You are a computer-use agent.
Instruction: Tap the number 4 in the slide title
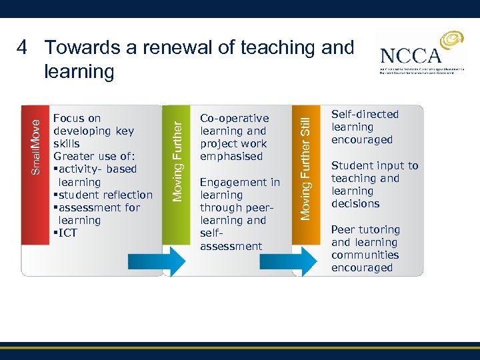[x=22, y=48]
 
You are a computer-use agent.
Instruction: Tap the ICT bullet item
[x=67, y=233]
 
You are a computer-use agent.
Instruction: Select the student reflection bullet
[x=105, y=195]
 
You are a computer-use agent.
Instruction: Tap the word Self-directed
[x=365, y=114]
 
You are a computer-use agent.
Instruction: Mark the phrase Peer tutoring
[x=365, y=229]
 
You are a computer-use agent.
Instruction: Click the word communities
[x=365, y=255]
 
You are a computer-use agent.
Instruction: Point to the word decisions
[x=355, y=203]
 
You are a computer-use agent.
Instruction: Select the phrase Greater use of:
[x=95, y=156]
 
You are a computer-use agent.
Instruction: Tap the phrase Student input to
[x=375, y=165]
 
